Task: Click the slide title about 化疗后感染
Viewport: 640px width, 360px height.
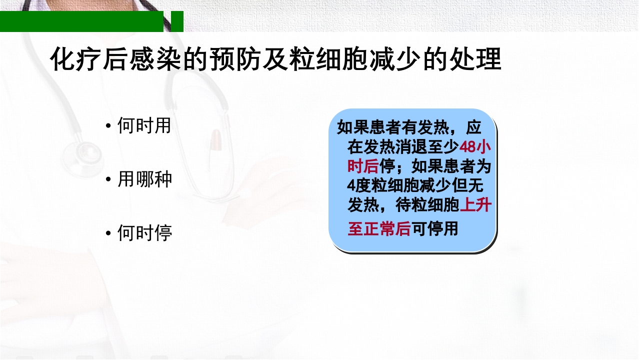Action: click(275, 60)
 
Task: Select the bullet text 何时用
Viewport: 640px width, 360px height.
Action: click(144, 125)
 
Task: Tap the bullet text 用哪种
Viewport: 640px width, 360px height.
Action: click(144, 179)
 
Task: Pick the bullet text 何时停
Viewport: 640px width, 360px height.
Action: click(144, 232)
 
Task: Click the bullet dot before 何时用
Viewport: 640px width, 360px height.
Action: click(108, 126)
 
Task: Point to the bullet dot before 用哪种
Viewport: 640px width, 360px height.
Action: click(108, 179)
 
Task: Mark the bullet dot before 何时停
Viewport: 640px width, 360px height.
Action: click(108, 233)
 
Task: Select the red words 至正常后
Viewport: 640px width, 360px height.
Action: click(379, 229)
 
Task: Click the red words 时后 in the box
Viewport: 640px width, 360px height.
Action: click(363, 166)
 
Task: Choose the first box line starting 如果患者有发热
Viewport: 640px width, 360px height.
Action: click(409, 127)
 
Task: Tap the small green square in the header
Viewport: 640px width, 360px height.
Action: click(177, 21)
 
